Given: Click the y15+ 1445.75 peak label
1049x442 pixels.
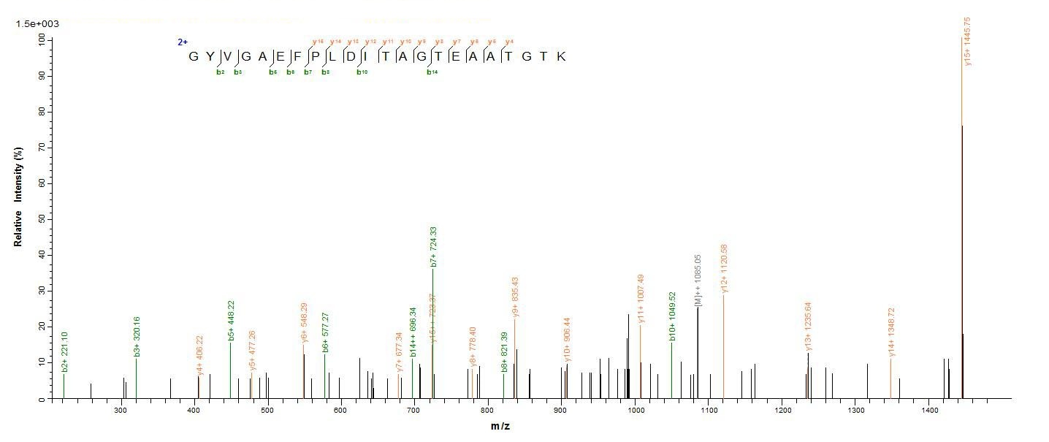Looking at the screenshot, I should tap(968, 42).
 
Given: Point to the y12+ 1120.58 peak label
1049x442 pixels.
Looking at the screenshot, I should tap(725, 268).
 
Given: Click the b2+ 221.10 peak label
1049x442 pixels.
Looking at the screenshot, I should tap(65, 352).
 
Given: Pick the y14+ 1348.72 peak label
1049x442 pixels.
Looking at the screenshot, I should tap(891, 332).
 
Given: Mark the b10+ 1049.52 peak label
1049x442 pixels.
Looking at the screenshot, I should tap(672, 316).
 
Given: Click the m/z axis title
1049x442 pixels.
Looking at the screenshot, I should tap(500, 426).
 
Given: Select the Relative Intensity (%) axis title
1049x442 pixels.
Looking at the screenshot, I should tap(18, 196).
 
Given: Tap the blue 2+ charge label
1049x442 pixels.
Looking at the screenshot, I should tap(183, 42).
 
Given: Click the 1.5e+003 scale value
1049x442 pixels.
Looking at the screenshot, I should tap(37, 24).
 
